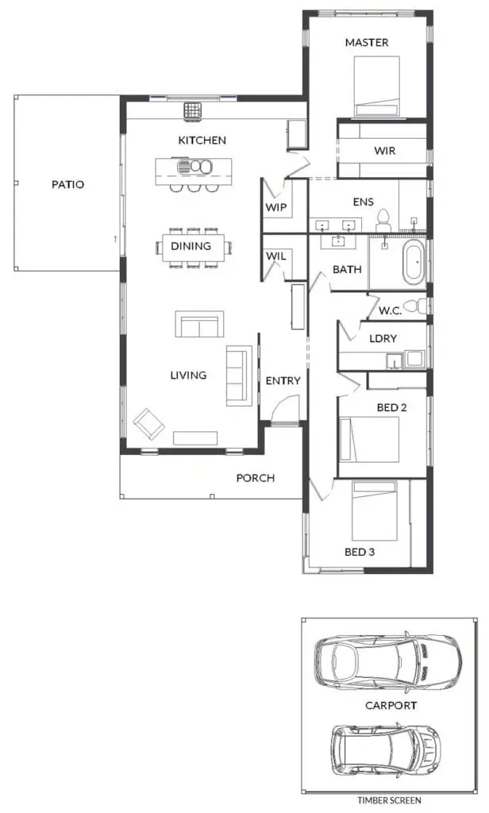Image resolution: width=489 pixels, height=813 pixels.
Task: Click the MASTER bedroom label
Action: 367,43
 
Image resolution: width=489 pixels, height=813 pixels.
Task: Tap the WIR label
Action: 385,151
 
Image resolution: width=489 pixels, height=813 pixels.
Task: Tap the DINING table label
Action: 191,246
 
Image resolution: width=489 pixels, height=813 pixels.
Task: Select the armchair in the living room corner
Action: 148,424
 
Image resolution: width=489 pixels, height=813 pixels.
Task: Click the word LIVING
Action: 188,375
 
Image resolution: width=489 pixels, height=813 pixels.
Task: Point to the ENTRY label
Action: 283,381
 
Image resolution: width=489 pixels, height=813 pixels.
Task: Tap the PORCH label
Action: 256,478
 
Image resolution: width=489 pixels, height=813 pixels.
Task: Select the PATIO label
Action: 68,184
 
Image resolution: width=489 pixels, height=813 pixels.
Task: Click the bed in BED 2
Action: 369,440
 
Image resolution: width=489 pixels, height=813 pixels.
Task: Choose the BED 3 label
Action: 360,553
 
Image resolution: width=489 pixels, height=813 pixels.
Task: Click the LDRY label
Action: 383,338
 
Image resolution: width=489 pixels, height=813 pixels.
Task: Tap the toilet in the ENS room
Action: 383,221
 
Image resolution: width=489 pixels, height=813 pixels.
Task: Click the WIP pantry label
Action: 276,207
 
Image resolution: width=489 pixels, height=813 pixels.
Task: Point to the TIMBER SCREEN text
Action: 389,800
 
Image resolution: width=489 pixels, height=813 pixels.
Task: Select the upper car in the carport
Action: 387,658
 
